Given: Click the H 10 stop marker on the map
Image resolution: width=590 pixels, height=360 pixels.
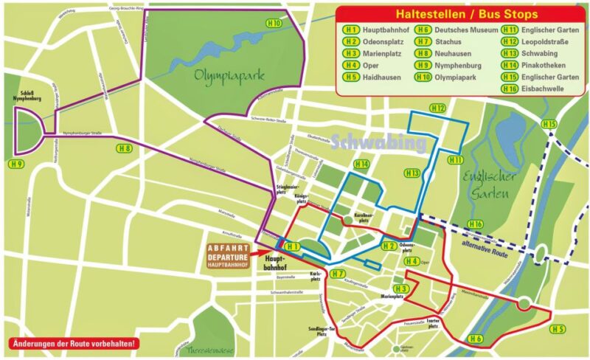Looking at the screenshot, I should tap(274, 23).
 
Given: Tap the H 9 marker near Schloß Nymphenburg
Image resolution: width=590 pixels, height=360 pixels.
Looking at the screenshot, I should tap(15, 163).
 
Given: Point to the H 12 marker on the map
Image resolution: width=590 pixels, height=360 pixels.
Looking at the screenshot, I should tap(438, 108).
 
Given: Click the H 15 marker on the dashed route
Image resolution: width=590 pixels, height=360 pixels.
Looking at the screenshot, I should tap(548, 123).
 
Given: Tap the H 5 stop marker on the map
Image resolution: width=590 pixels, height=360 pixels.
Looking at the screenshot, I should tap(558, 329).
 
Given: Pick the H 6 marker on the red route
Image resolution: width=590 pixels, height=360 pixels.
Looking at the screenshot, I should tap(475, 339).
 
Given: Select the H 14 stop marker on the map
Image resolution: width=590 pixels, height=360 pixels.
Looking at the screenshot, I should tap(361, 163).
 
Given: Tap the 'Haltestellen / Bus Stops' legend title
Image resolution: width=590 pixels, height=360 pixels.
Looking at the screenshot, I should tap(466, 14).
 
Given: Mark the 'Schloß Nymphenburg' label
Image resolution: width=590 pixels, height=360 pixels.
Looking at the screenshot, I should tap(27, 95).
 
